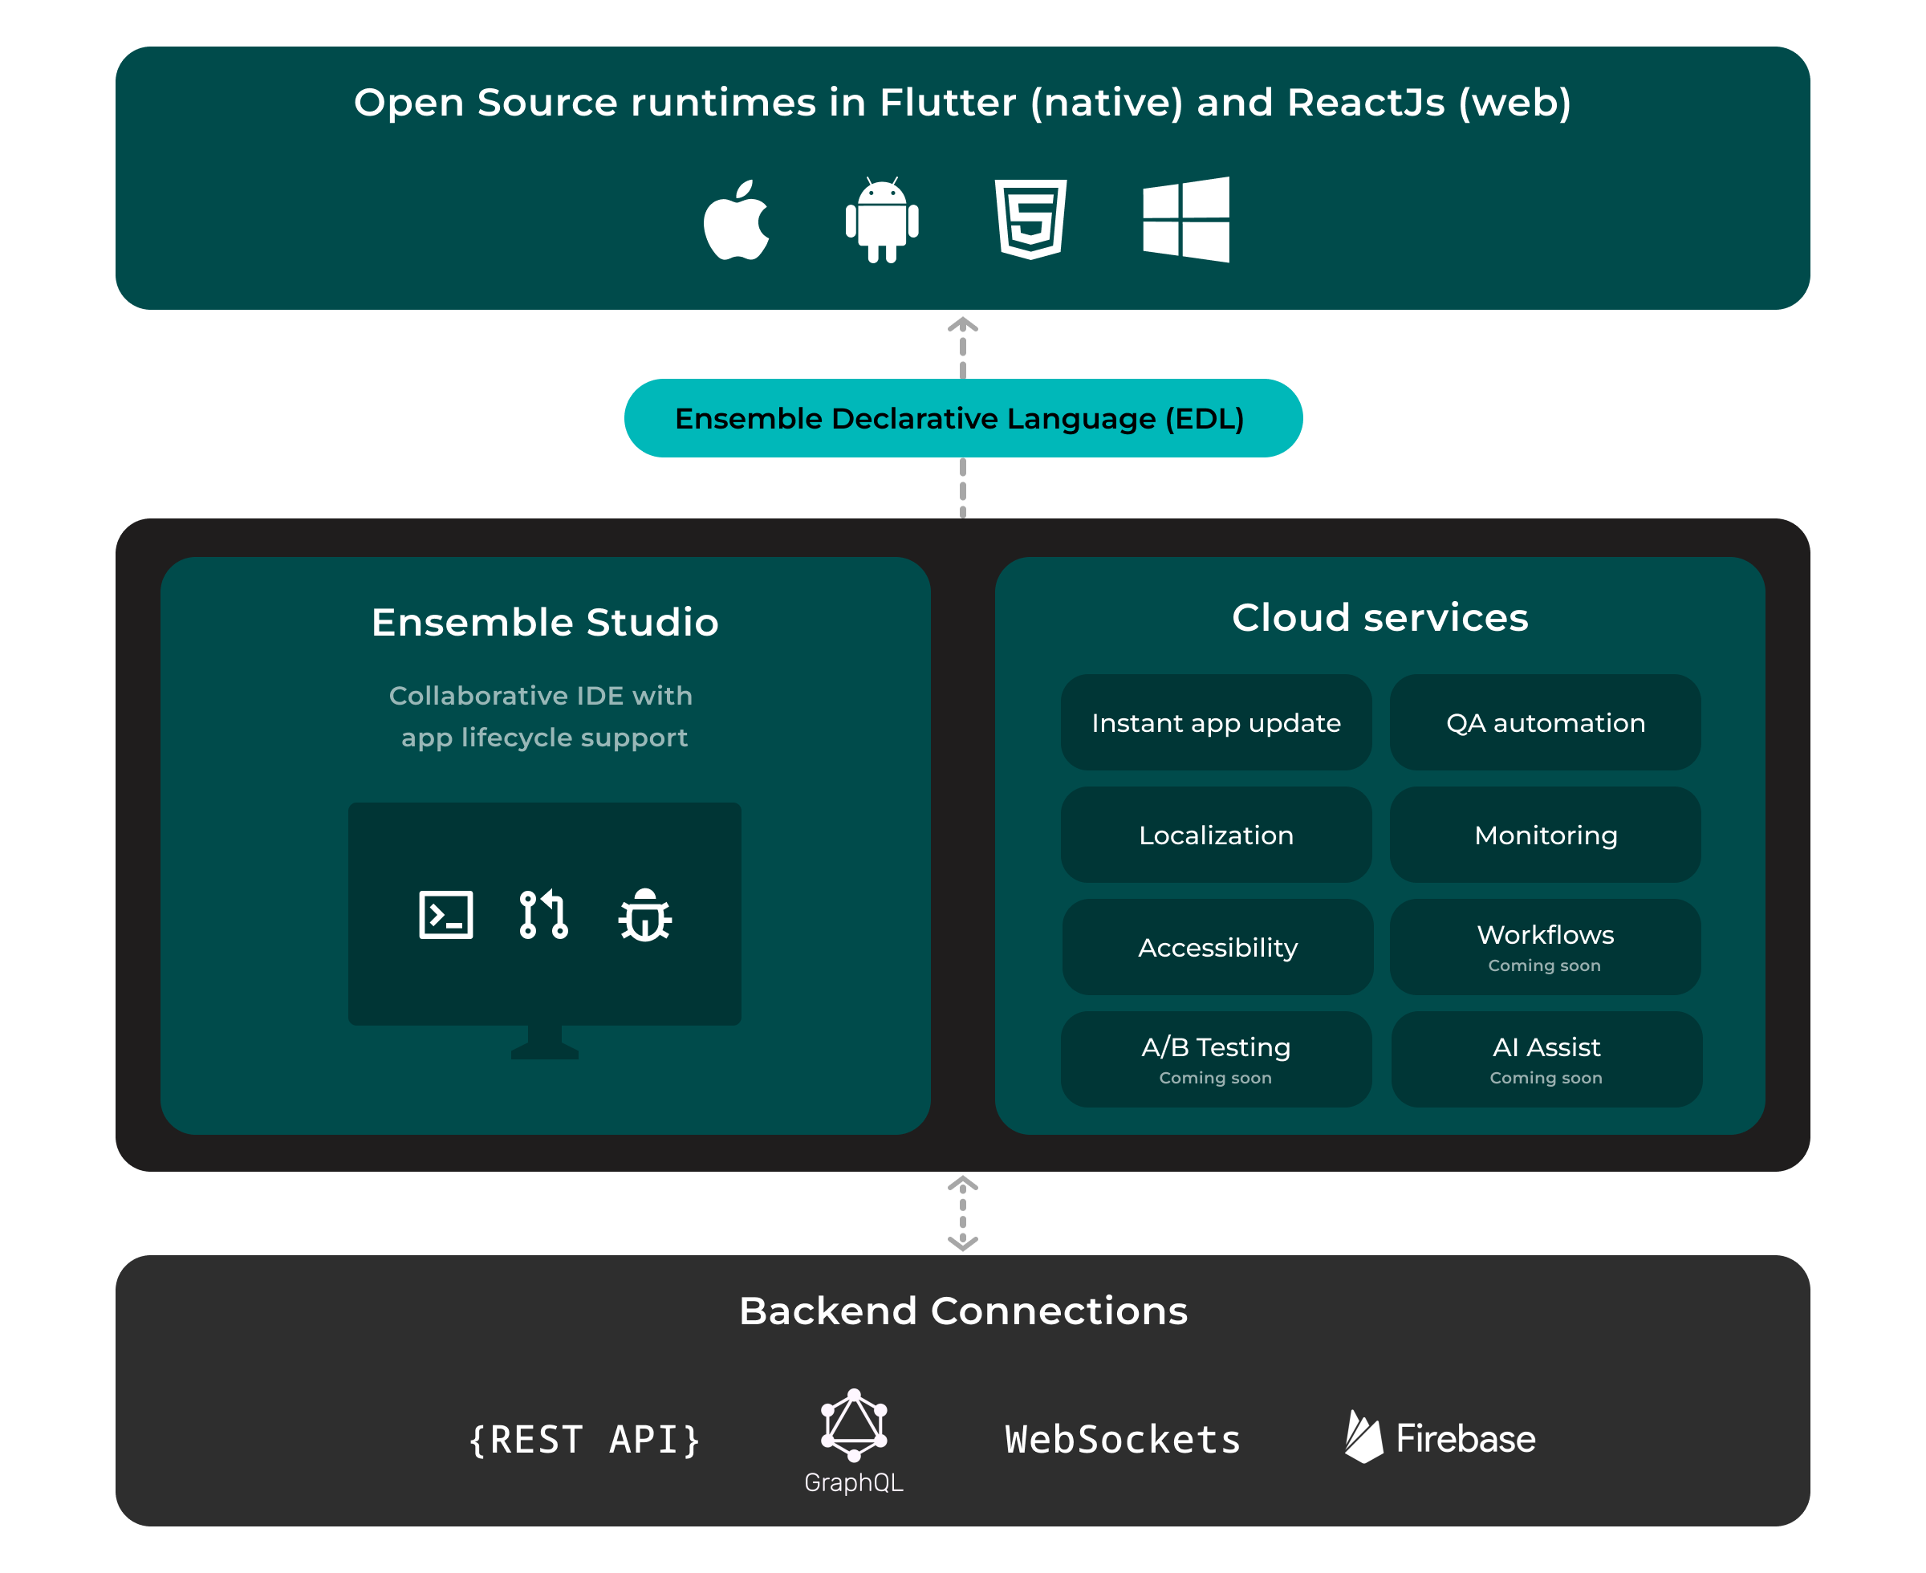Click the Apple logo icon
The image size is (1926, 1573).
click(x=737, y=221)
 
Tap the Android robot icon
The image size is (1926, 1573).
click(x=881, y=220)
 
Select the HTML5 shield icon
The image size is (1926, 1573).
click(x=1031, y=219)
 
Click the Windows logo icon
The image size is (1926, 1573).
click(x=1186, y=219)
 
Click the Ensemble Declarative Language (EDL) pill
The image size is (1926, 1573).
click(x=963, y=419)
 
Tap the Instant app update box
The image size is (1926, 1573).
click(x=1216, y=723)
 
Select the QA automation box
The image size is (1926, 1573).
click(x=1546, y=723)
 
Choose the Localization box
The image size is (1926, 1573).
click(x=1216, y=835)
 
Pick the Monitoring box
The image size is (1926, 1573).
click(x=1546, y=835)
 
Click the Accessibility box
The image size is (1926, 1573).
click(x=1217, y=948)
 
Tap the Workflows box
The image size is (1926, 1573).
click(x=1546, y=948)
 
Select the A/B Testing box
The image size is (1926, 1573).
click(x=1216, y=1059)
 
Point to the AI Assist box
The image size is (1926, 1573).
click(x=1546, y=1059)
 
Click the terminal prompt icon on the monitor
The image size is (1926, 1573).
click(x=445, y=915)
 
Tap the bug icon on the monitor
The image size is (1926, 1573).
click(x=645, y=915)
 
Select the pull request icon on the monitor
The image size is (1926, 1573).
click(x=543, y=915)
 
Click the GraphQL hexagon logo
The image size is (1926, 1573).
click(x=853, y=1425)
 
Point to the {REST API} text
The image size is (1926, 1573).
click(x=585, y=1440)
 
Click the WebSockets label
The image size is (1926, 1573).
click(x=1123, y=1440)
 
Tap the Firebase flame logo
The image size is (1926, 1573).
click(x=1363, y=1437)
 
